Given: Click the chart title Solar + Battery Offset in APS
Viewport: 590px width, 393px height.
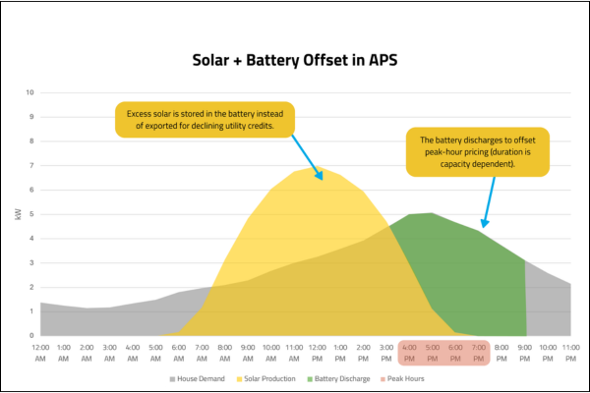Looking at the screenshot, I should (x=294, y=60).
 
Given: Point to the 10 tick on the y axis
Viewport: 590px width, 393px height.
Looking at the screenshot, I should (x=29, y=92).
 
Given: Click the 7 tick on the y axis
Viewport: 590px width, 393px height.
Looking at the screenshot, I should (x=30, y=165).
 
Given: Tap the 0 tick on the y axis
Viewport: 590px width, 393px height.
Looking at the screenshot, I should (x=30, y=335).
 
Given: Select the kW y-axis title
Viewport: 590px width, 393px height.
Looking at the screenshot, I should (x=18, y=213).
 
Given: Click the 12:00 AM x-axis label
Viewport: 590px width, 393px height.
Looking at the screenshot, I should (x=41, y=352).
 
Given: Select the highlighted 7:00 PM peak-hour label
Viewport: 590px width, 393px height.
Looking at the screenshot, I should (x=479, y=352).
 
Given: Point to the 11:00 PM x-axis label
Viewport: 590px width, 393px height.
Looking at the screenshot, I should (x=571, y=352).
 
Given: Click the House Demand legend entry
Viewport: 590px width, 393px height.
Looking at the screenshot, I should (x=201, y=378).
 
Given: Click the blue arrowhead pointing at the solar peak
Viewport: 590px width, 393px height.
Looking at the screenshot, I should (x=321, y=177).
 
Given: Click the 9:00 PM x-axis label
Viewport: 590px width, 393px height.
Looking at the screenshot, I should (x=525, y=352).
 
